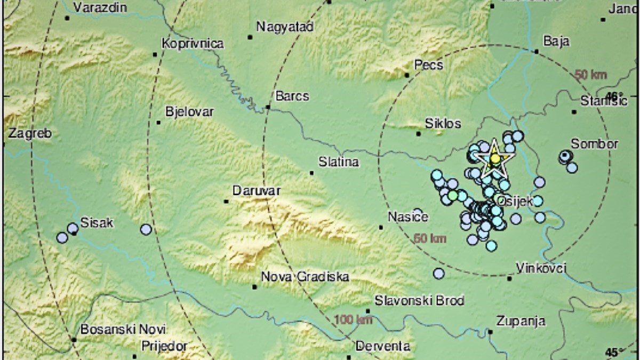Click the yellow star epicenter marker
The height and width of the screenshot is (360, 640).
495,158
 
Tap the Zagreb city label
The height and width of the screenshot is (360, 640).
29,134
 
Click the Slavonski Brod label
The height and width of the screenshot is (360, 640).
412,300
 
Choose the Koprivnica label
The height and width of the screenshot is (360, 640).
193,44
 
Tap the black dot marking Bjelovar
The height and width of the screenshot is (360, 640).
158,123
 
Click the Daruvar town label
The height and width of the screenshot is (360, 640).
257,190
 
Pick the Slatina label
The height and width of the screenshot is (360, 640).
338,162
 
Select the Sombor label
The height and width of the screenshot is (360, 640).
595,144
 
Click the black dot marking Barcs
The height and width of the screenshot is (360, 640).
268,107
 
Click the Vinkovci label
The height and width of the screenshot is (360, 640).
541,268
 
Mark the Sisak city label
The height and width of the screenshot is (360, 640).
97,223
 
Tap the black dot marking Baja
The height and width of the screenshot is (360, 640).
537,52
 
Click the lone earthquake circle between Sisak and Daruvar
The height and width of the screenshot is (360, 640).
146,229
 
